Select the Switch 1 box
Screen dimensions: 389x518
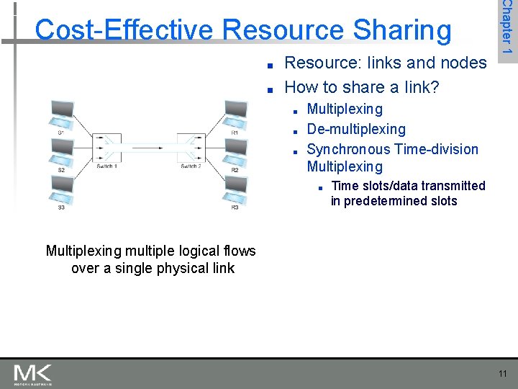tap(106, 148)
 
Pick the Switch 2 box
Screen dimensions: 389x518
tap(191, 148)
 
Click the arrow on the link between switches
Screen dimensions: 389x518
tap(148, 148)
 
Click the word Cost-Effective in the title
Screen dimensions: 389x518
tap(125, 30)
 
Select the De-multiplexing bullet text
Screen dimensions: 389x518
tap(355, 129)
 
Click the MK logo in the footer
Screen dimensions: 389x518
tap(33, 374)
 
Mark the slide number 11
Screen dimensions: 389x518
tap(501, 373)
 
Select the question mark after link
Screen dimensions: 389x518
tap(435, 87)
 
